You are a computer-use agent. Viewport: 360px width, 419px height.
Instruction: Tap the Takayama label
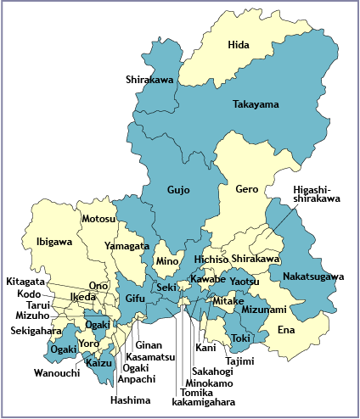pyautogui.click(x=256, y=104)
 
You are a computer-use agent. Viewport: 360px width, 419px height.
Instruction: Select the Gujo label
pyautogui.click(x=178, y=189)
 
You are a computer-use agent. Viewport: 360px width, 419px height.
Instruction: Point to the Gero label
pyautogui.click(x=247, y=189)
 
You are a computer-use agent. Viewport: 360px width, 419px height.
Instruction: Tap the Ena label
pyautogui.click(x=287, y=329)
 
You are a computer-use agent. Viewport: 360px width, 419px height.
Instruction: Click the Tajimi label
pyautogui.click(x=239, y=360)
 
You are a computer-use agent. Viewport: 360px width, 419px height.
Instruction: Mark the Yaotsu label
pyautogui.click(x=245, y=281)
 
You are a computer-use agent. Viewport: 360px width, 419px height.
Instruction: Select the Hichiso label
pyautogui.click(x=211, y=259)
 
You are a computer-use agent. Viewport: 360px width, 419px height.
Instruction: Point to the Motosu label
pyautogui.click(x=98, y=219)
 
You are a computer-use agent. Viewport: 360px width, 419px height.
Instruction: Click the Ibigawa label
pyautogui.click(x=54, y=242)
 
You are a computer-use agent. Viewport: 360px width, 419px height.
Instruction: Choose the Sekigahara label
pyautogui.click(x=36, y=331)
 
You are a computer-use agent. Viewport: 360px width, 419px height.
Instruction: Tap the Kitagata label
pyautogui.click(x=27, y=281)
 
